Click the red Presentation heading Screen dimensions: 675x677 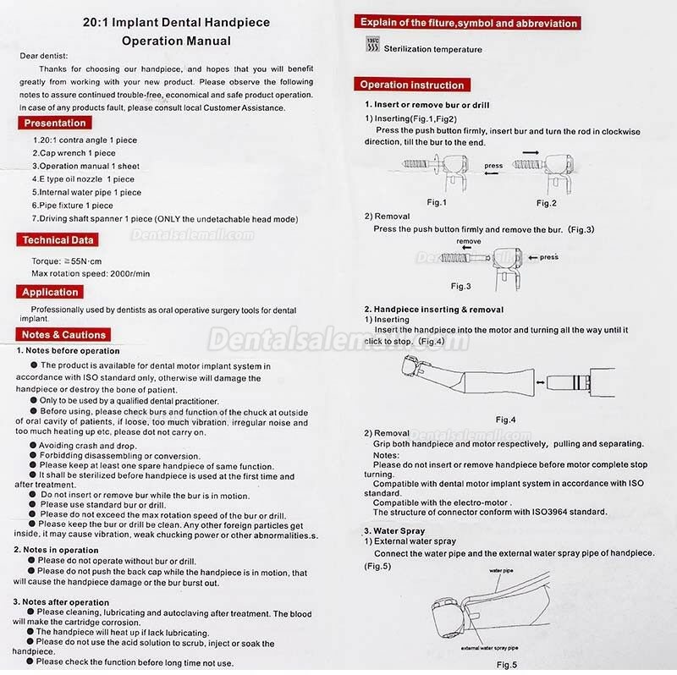pyautogui.click(x=55, y=123)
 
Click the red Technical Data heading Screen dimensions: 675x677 pyautogui.click(x=58, y=240)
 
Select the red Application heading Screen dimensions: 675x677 pyautogui.click(x=50, y=292)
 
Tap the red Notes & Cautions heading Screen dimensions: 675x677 pyautogui.click(x=64, y=335)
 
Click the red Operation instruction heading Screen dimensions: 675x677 pyautogui.click(x=411, y=85)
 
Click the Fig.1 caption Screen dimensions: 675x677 pyautogui.click(x=437, y=203)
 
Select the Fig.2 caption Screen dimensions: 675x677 pyautogui.click(x=547, y=203)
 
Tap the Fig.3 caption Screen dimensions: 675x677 pyautogui.click(x=460, y=286)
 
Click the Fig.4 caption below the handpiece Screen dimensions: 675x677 pyautogui.click(x=506, y=420)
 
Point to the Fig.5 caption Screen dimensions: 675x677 pyautogui.click(x=507, y=665)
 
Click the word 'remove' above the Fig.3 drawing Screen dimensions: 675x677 pyautogui.click(x=468, y=242)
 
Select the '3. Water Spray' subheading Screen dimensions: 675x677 pyautogui.click(x=394, y=530)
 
